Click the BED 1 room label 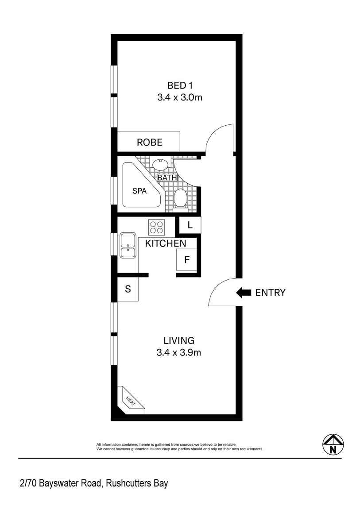point(180,85)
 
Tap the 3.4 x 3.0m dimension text point(180,97)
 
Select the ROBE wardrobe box point(149,142)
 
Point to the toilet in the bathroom point(180,198)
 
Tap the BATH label point(167,177)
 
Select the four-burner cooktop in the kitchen point(156,227)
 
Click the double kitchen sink point(128,246)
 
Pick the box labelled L point(190,225)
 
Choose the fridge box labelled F point(187,259)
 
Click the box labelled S point(128,289)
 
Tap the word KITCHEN point(166,243)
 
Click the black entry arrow point(244,293)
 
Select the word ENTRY point(271,293)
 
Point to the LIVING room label point(179,341)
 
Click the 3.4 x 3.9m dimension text point(179,353)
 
